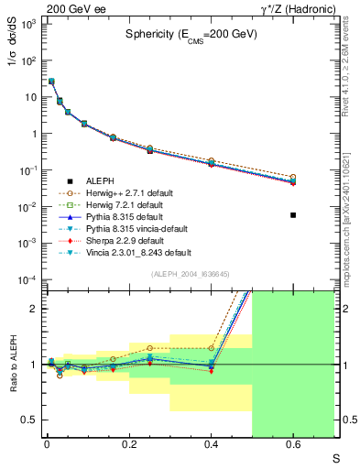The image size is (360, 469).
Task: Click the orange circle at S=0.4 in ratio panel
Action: click(211, 348)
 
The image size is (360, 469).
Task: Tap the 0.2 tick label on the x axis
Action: click(128, 446)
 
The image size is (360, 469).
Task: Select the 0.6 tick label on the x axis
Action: click(293, 446)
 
